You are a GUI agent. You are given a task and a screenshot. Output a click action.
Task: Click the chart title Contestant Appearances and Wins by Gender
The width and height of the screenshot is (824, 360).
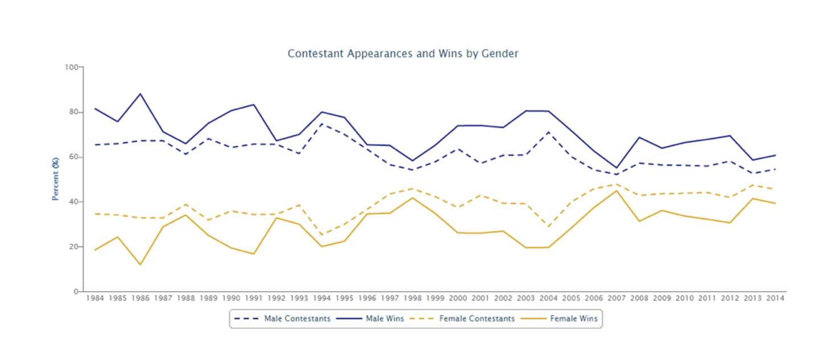coord(403,54)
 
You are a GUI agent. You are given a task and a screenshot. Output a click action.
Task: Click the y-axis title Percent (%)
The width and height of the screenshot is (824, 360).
coord(56,179)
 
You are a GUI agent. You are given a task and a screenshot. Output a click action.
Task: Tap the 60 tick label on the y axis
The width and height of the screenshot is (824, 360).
coord(73,157)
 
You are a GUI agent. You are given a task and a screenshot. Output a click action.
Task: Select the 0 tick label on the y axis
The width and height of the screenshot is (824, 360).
coord(75,292)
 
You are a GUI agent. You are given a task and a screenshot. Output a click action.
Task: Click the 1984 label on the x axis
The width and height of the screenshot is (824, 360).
coord(95,298)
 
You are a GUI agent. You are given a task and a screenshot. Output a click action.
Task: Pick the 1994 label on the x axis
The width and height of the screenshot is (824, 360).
coord(322,298)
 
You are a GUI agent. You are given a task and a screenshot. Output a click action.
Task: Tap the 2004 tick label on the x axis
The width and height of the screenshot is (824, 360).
coord(549,298)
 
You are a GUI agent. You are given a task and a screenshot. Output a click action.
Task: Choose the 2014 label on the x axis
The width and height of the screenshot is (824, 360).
coord(776,298)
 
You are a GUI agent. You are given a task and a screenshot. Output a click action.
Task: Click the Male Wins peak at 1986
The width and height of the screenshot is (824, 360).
coord(140,94)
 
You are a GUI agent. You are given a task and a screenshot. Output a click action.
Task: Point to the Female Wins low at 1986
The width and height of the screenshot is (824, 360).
coord(140,265)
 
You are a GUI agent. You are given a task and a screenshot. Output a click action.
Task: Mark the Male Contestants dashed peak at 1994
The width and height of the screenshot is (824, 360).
coord(322,124)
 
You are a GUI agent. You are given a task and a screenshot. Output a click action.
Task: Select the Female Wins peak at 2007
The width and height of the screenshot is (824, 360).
coord(617,191)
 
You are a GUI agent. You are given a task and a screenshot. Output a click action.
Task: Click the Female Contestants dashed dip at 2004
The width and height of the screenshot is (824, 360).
coord(549,227)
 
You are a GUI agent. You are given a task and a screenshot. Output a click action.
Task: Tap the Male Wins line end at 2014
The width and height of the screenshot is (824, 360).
coord(776,155)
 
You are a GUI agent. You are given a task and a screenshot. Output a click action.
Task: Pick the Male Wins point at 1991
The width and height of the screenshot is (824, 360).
coord(254,105)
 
